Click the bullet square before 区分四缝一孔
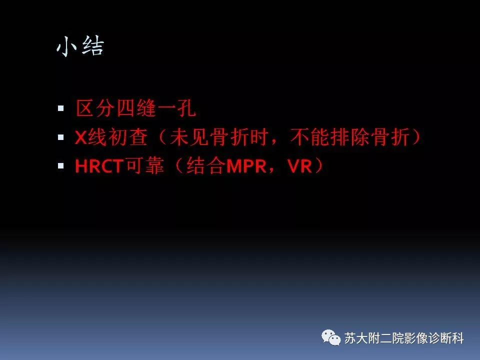(61, 107)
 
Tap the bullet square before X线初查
(61, 136)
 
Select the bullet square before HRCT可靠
(61, 165)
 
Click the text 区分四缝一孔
(135, 108)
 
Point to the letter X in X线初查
(81, 137)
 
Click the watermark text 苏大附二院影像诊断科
(404, 338)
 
